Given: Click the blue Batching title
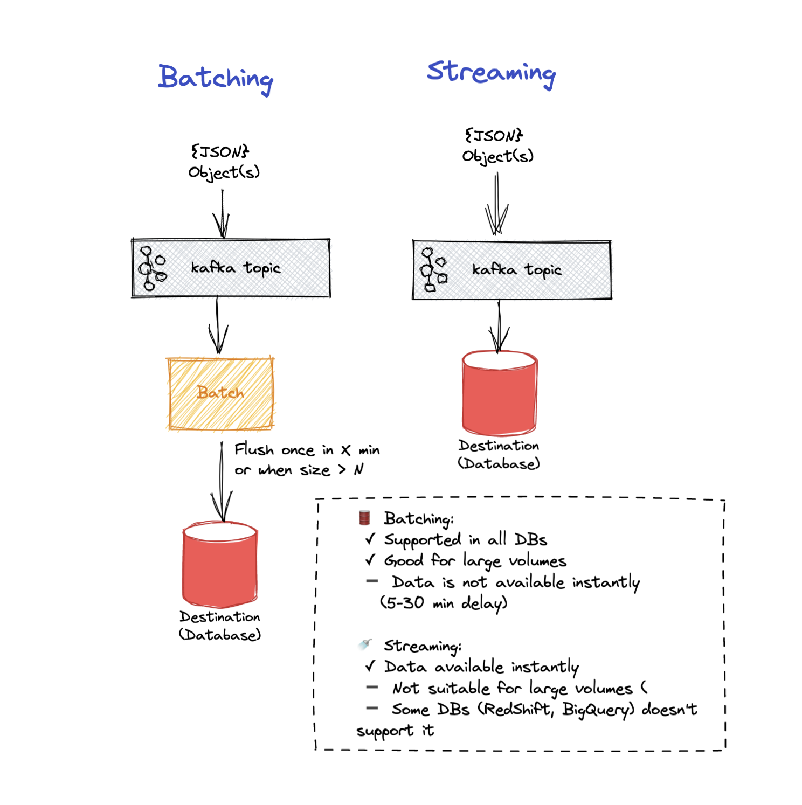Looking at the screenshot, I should click(216, 78).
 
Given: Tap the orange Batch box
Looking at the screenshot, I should click(220, 393).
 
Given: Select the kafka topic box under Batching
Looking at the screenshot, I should click(231, 268).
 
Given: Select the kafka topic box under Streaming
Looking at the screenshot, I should click(512, 269).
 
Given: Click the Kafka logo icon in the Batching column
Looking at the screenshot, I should click(151, 268).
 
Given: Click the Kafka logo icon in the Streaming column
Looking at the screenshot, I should click(433, 269).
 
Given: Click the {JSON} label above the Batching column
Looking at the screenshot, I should click(220, 151).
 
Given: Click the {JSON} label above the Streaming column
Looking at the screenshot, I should click(494, 135).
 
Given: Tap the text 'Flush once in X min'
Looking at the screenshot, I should click(307, 450).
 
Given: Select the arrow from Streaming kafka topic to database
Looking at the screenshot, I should click(499, 326).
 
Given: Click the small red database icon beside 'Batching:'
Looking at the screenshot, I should click(364, 518).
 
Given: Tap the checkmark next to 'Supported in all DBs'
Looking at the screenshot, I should click(370, 539).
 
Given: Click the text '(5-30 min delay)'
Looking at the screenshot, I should click(444, 602).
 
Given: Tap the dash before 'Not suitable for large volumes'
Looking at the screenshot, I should click(372, 687).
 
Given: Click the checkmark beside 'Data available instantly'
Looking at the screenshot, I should click(370, 666).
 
